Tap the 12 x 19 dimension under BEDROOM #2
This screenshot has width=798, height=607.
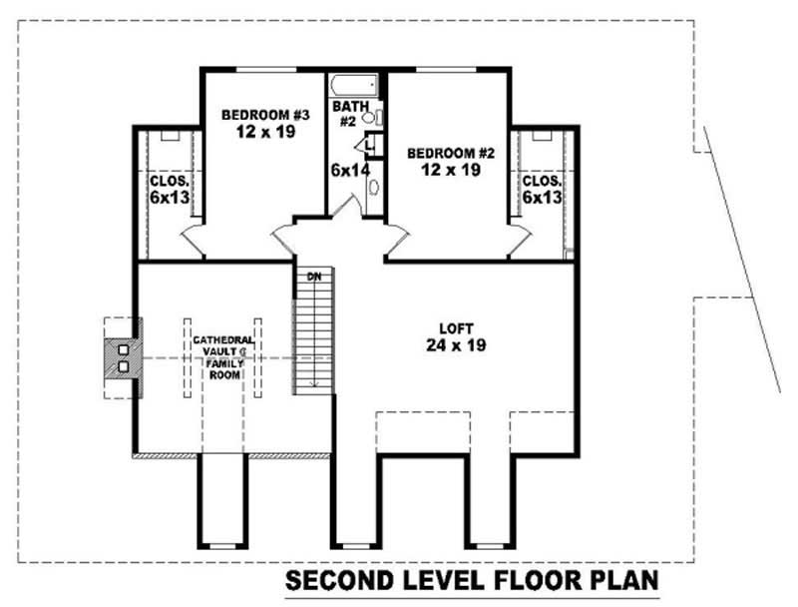(x=444, y=170)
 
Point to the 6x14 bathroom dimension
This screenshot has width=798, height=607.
(x=350, y=170)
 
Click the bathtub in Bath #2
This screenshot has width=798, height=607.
(x=356, y=84)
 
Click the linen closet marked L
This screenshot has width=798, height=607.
(x=369, y=146)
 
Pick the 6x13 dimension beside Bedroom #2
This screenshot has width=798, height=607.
(x=542, y=198)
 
